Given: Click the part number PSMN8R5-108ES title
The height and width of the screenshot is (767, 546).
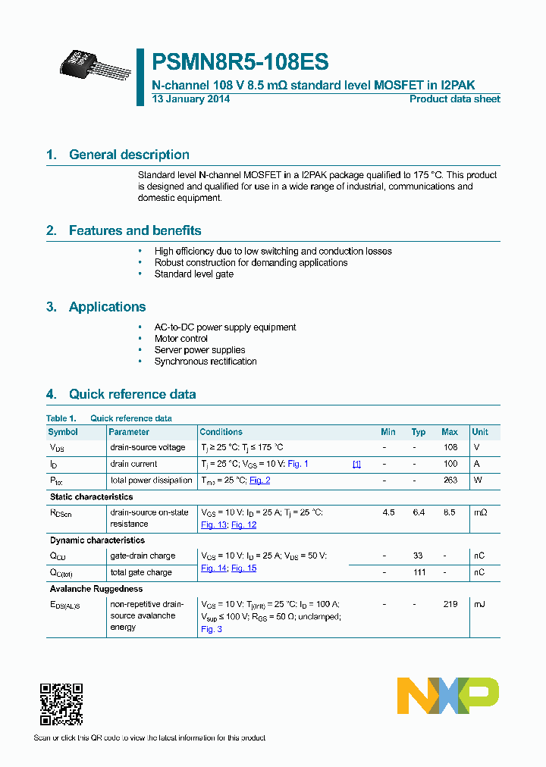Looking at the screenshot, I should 240,62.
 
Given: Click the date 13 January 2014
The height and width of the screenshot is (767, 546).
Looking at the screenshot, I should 191,99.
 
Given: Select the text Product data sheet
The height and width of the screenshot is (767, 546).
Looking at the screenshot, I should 454,99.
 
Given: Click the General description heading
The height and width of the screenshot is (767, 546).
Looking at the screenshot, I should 129,155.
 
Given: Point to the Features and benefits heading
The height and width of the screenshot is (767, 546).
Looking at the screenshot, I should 135,230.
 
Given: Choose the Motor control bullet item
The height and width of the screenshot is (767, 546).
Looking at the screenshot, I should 181,339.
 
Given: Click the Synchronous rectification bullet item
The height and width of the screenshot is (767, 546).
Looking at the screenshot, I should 206,362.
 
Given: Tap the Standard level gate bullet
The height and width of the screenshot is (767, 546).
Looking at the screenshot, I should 194,274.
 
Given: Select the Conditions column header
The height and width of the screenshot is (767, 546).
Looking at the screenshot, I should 221,432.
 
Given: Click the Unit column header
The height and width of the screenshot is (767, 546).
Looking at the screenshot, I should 480,432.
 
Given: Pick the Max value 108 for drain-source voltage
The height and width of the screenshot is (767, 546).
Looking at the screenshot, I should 450,447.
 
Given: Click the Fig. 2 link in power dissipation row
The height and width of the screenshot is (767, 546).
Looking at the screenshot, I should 259,481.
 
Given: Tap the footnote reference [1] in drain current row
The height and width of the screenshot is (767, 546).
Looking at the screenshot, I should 356,464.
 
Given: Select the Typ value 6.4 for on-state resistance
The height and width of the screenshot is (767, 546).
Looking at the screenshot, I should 419,512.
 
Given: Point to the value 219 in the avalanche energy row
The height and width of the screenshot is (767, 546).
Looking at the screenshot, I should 450,604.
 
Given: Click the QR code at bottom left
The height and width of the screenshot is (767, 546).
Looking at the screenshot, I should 61,705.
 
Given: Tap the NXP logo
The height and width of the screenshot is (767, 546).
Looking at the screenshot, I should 447,696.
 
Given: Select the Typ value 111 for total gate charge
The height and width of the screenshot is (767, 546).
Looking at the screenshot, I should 419,572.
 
